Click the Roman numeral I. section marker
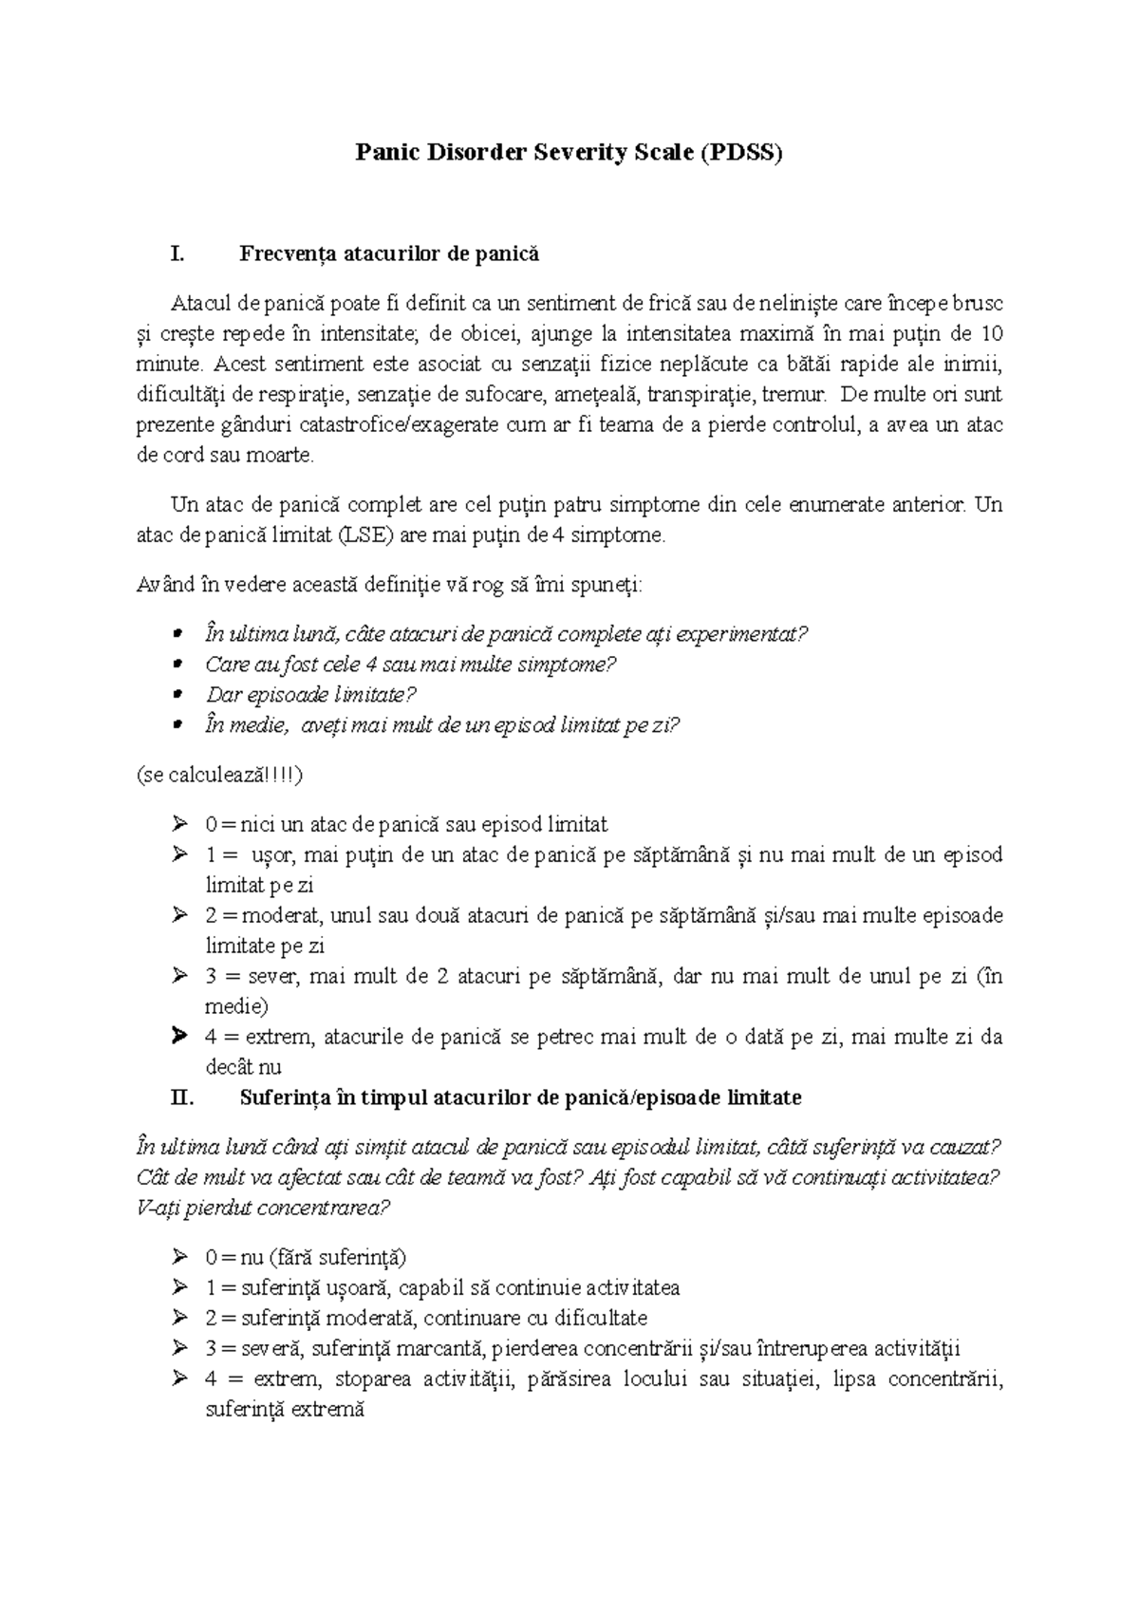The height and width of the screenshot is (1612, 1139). (x=175, y=253)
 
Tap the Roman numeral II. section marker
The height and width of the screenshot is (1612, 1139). (x=179, y=1098)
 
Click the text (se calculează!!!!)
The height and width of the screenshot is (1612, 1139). (x=220, y=775)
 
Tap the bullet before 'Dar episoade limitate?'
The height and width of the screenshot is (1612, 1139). (x=178, y=695)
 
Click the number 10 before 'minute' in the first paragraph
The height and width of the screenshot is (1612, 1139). (x=991, y=333)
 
